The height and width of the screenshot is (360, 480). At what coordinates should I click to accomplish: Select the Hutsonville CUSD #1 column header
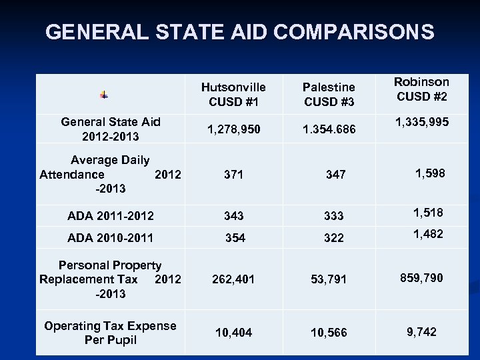click(x=233, y=94)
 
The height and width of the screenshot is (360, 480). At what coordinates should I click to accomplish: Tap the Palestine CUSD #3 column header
click(x=329, y=94)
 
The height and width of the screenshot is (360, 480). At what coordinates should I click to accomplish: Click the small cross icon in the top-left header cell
click(x=104, y=95)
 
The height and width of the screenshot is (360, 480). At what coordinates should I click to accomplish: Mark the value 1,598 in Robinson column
click(x=429, y=173)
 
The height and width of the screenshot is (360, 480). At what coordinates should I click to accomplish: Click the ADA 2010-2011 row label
click(x=111, y=237)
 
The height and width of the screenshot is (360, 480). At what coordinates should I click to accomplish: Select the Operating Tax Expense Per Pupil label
click(x=110, y=332)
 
